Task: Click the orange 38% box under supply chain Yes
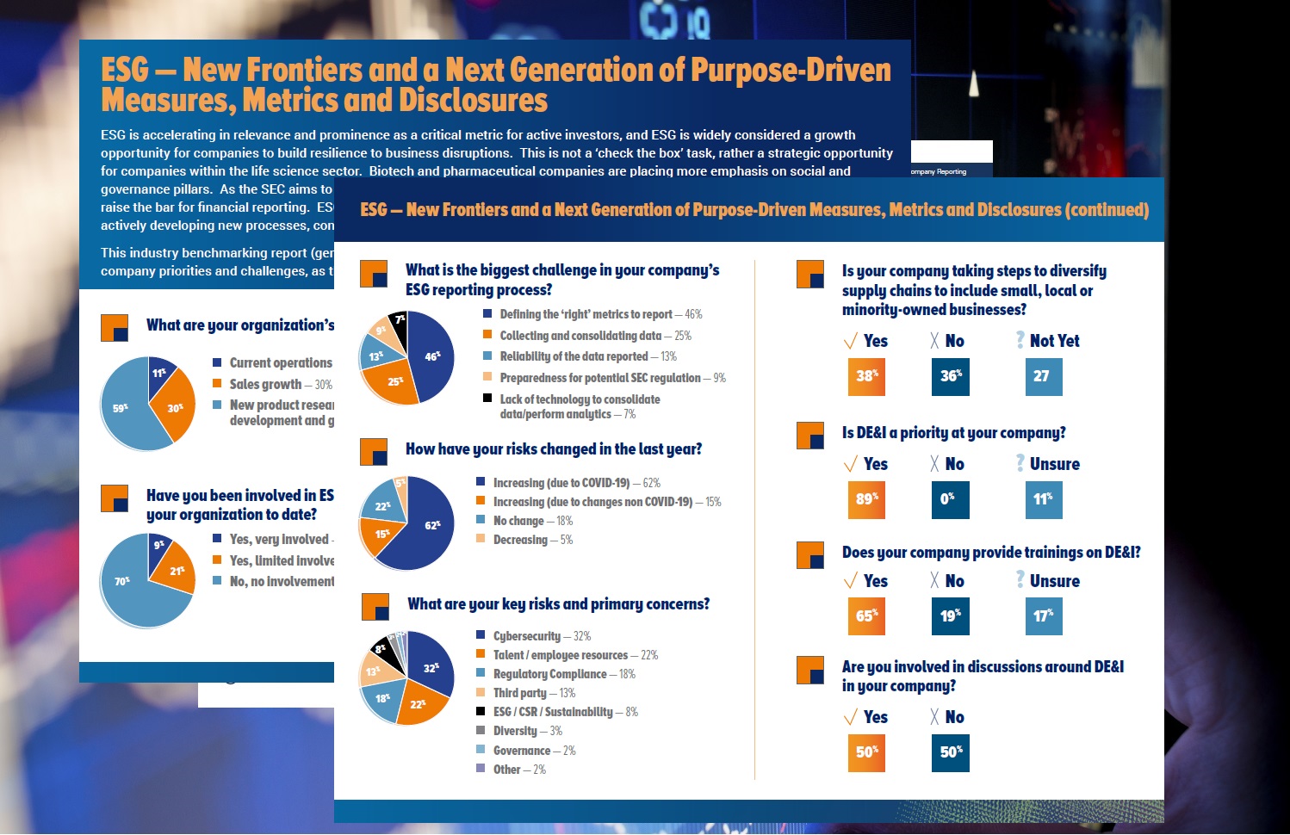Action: (866, 376)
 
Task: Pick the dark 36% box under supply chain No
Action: (951, 376)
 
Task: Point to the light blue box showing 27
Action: (1043, 376)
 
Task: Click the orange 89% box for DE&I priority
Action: (866, 499)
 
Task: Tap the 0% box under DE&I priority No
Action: (950, 499)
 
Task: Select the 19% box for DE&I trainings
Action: (950, 616)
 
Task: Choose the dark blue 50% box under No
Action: (950, 752)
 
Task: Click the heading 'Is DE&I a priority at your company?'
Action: (953, 433)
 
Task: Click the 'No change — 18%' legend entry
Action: (532, 521)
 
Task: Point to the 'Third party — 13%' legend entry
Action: (534, 693)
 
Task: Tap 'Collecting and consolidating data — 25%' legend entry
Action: (595, 336)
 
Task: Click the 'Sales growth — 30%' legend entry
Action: (280, 385)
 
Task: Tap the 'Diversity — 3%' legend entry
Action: (527, 731)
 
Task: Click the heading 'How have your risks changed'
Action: (553, 449)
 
